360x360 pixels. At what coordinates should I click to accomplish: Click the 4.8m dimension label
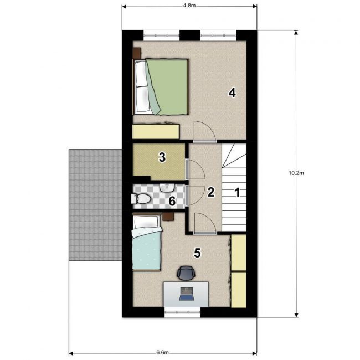(x=189, y=6)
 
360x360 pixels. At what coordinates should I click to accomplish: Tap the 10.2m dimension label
(x=296, y=173)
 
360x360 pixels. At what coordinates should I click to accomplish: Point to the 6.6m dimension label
(x=162, y=352)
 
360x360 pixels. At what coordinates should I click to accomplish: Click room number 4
(x=232, y=93)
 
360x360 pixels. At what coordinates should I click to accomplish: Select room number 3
(x=162, y=157)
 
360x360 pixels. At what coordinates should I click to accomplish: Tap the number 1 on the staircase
(x=237, y=192)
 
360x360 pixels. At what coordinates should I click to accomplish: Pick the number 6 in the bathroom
(x=172, y=201)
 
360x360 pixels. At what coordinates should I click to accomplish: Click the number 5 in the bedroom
(x=198, y=253)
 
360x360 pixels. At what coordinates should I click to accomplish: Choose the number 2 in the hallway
(x=211, y=192)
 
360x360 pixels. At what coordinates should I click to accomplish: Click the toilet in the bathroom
(x=141, y=199)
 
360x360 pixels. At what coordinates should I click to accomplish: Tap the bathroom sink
(x=167, y=188)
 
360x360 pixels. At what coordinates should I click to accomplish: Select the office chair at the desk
(x=186, y=273)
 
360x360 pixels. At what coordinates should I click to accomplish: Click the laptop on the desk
(x=187, y=294)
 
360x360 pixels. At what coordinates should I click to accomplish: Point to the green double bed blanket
(x=167, y=86)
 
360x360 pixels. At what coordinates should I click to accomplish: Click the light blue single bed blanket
(x=146, y=248)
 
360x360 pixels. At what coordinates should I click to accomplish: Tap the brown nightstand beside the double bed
(x=137, y=53)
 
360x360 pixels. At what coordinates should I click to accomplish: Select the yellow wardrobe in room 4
(x=156, y=131)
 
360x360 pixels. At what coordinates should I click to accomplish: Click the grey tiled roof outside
(x=95, y=205)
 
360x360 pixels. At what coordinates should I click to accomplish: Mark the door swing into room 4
(x=204, y=131)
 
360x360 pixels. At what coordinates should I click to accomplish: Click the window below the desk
(x=183, y=312)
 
